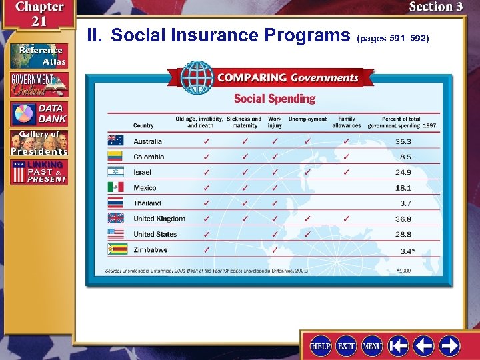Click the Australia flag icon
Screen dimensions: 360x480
tap(115, 141)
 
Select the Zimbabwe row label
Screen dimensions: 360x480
tap(150, 250)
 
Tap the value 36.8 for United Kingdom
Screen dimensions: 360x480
tap(403, 219)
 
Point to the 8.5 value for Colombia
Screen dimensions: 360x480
tap(405, 157)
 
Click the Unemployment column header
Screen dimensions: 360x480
tap(307, 119)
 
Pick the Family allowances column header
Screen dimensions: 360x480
tap(347, 122)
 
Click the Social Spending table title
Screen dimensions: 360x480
tap(274, 99)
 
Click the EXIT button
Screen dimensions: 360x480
tap(345, 345)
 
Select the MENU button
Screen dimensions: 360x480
tap(372, 345)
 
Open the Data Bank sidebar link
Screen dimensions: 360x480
tap(39, 113)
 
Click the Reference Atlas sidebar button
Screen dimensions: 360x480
tap(39, 55)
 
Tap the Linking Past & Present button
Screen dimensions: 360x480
tap(39, 172)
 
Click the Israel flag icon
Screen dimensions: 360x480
tap(115, 172)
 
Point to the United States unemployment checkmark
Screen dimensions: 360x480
tap(307, 234)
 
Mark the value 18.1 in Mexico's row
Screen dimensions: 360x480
tap(403, 188)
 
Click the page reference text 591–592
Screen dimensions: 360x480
tap(397, 39)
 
